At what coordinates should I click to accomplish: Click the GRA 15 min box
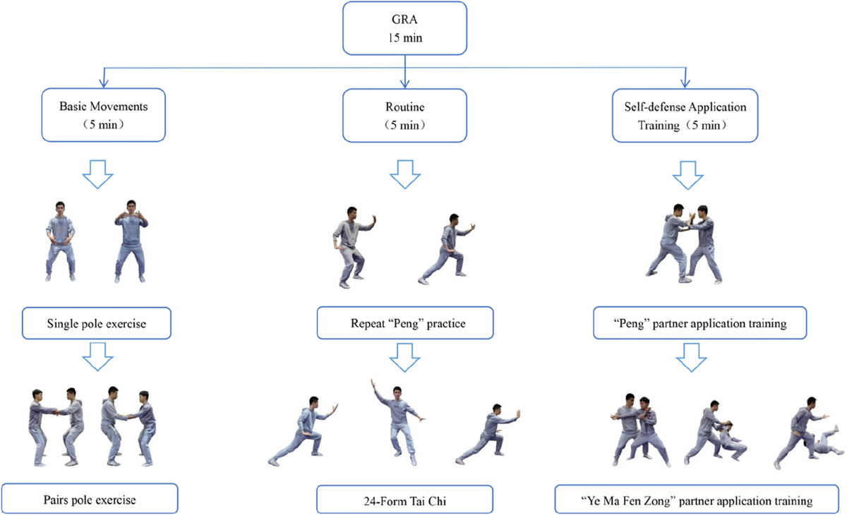[404, 28]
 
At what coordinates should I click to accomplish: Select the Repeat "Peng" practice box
[404, 324]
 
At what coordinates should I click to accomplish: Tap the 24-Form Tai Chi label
[404, 500]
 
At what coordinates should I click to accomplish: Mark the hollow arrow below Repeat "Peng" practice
[404, 357]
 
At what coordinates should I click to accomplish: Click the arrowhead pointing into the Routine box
[404, 83]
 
